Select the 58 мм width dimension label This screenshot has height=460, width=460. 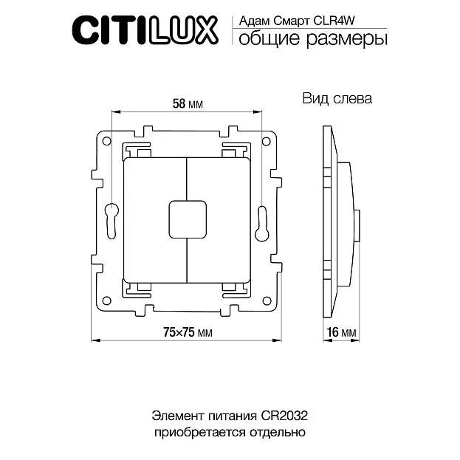(187, 103)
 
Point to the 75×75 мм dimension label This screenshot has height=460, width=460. (187, 333)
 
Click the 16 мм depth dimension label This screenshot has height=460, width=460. (340, 333)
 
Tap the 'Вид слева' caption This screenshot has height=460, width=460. (337, 98)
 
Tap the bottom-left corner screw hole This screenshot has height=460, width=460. (108, 301)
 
